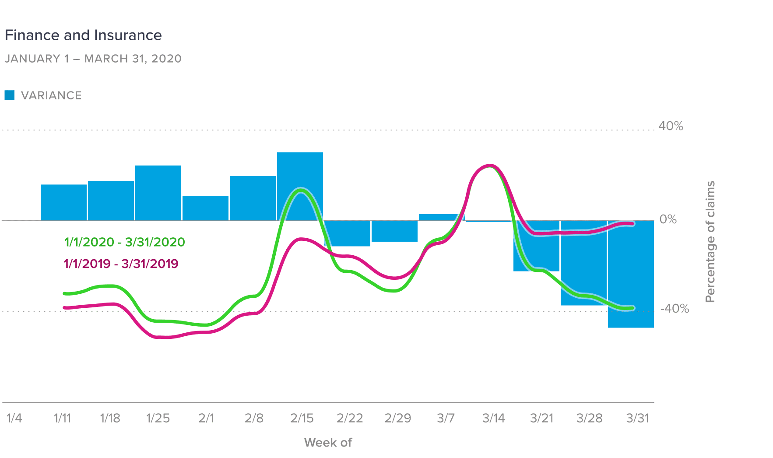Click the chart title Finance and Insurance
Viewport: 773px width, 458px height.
pyautogui.click(x=83, y=35)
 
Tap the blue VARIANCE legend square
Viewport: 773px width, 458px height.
pyautogui.click(x=10, y=95)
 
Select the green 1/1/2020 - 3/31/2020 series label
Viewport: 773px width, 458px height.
pyautogui.click(x=124, y=242)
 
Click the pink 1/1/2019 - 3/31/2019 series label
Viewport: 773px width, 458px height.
pyautogui.click(x=121, y=264)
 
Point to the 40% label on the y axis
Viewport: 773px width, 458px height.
pyautogui.click(x=671, y=126)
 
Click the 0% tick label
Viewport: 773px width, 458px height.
pyautogui.click(x=668, y=219)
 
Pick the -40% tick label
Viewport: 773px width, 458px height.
pyautogui.click(x=675, y=309)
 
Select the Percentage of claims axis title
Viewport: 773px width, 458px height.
pyautogui.click(x=710, y=242)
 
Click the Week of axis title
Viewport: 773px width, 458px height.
pyautogui.click(x=328, y=442)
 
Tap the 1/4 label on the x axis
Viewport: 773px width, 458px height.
pyautogui.click(x=14, y=418)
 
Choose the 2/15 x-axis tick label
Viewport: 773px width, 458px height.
pyautogui.click(x=302, y=418)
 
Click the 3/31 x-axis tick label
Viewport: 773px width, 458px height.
pyautogui.click(x=637, y=418)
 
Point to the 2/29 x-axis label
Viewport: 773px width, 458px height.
pyautogui.click(x=397, y=418)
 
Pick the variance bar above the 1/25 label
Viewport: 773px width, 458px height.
pyautogui.click(x=158, y=193)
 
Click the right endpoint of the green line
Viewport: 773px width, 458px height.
pyautogui.click(x=632, y=308)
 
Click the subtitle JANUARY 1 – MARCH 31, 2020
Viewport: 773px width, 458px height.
pyautogui.click(x=93, y=59)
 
